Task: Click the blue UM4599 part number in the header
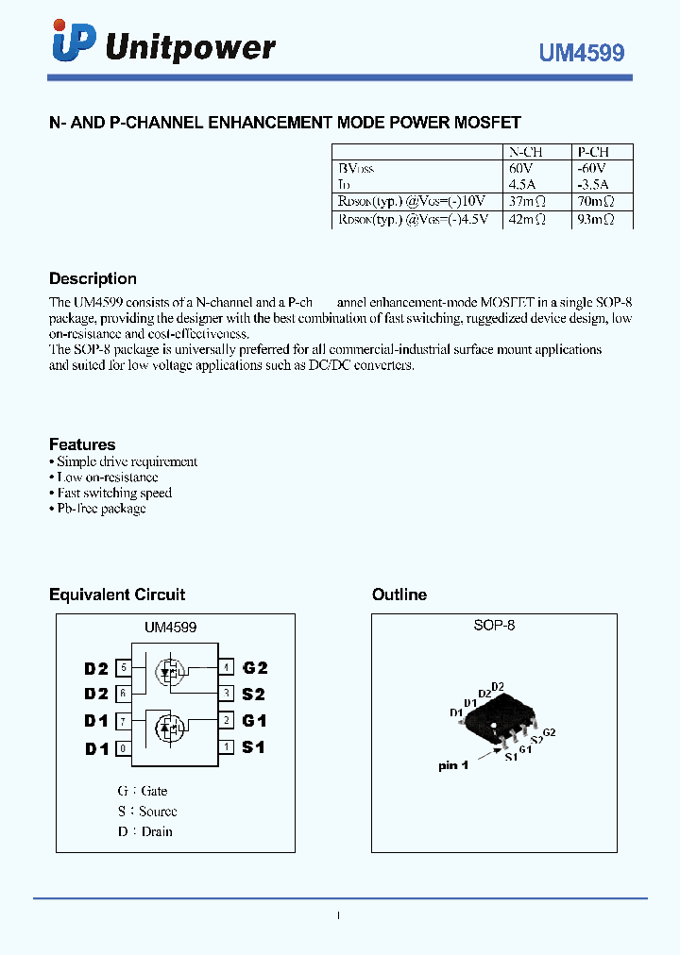[x=582, y=54]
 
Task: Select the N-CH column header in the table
[x=526, y=152]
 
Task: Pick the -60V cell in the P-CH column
[x=591, y=168]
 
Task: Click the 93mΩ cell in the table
[x=596, y=219]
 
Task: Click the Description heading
[x=93, y=279]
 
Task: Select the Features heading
[x=82, y=444]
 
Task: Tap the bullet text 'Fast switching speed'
[x=114, y=493]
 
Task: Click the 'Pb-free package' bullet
[x=101, y=509]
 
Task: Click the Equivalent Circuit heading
[x=117, y=595]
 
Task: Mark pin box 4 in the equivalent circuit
[x=227, y=667]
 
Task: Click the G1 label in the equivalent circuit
[x=255, y=721]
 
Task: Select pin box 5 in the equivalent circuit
[x=123, y=667]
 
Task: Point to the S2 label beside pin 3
[x=254, y=694]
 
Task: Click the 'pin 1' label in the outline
[x=453, y=765]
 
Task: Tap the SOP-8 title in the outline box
[x=494, y=625]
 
